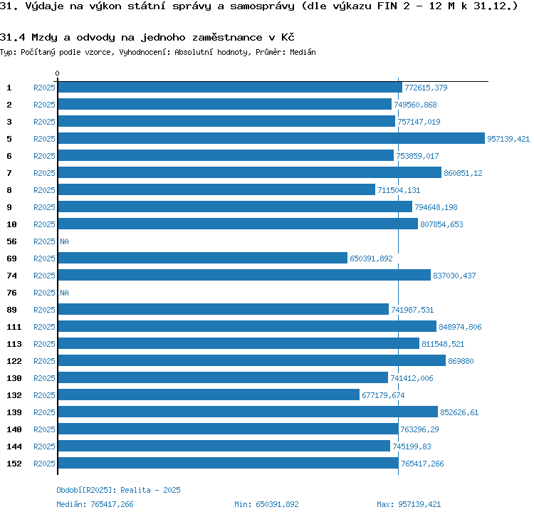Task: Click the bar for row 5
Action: (x=271, y=139)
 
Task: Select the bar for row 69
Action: (x=202, y=258)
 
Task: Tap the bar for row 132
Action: (x=209, y=395)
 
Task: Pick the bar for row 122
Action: (x=252, y=361)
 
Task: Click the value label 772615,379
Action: (x=426, y=88)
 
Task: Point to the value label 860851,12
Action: (x=463, y=173)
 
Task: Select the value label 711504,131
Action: (x=399, y=190)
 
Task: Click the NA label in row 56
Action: (x=64, y=241)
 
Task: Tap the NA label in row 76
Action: (x=64, y=293)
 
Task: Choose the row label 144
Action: (x=14, y=446)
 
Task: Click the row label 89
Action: (x=12, y=310)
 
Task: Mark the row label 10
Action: (x=12, y=224)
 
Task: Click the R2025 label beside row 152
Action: (x=44, y=464)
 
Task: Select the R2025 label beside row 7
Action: (x=44, y=173)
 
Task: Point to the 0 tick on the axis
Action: (x=58, y=73)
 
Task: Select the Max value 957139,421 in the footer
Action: (x=419, y=504)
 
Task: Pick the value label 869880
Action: (x=461, y=361)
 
